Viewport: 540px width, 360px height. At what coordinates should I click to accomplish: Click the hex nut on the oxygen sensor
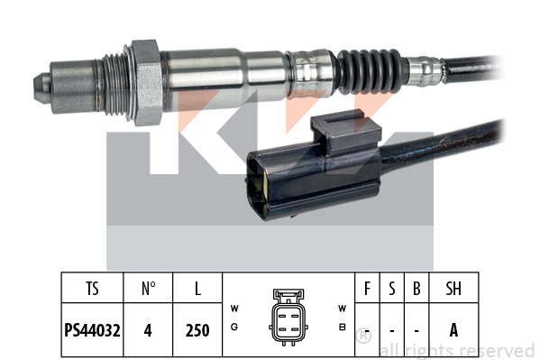coord(147,83)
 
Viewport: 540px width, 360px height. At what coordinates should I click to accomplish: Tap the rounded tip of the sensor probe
coord(41,88)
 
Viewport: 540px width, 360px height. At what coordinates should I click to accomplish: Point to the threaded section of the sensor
coord(116,85)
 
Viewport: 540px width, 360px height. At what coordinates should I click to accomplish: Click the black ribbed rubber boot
coord(370,71)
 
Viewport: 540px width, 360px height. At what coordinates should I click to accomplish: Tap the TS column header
coord(92,289)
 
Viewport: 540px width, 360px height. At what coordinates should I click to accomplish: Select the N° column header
coord(148,289)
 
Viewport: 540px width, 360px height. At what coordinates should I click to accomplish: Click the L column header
coord(197,289)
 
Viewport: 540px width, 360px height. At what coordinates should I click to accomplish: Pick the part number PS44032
coord(92,330)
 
